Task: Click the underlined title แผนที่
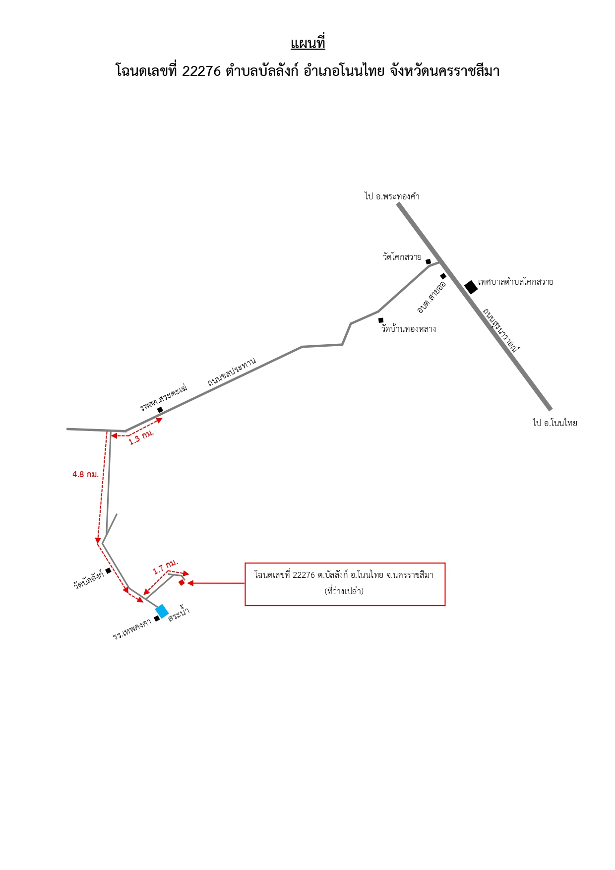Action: pos(307,43)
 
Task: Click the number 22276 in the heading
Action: pos(201,71)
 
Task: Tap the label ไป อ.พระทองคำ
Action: pos(392,196)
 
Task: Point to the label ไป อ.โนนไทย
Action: pos(554,423)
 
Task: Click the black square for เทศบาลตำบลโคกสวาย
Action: pos(471,287)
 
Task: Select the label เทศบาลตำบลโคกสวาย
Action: pos(516,282)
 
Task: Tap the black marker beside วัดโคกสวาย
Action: pos(429,261)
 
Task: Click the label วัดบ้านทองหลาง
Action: pos(409,329)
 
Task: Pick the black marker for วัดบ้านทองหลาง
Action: pos(381,320)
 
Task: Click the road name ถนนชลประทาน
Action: pos(232,372)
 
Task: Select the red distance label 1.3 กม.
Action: pos(141,437)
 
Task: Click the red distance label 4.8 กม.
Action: pos(85,475)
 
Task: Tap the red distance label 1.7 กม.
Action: pos(165,566)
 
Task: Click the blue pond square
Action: pos(162,611)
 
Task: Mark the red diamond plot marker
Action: pos(182,582)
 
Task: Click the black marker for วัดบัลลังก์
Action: pos(109,571)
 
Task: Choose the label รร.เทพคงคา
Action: pos(132,629)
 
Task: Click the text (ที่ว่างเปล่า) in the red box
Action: pos(344,591)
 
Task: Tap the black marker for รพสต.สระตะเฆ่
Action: pos(160,410)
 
